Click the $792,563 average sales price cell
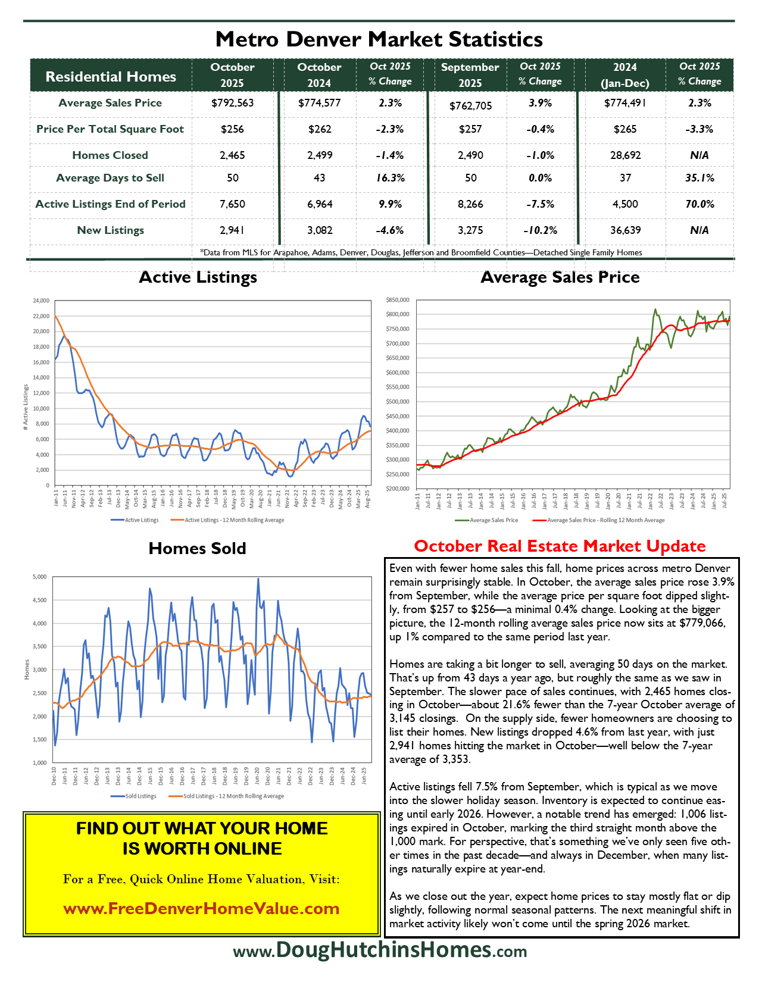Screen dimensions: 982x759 click(x=232, y=103)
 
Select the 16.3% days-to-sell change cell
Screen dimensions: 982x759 click(x=391, y=178)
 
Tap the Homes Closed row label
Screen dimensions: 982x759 click(x=110, y=155)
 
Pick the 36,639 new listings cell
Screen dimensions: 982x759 click(x=625, y=230)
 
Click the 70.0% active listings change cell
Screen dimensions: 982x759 click(x=699, y=204)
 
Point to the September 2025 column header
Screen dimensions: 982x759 click(x=470, y=75)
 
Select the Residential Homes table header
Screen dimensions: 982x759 click(x=111, y=77)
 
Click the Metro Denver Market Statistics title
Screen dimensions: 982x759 click(x=379, y=39)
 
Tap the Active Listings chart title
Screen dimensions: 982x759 click(x=198, y=277)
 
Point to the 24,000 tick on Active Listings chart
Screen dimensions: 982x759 click(x=40, y=301)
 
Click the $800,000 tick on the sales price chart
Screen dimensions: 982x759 click(x=398, y=314)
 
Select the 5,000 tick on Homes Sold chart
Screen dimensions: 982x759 click(x=39, y=577)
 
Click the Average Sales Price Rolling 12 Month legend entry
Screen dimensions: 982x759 click(x=601, y=520)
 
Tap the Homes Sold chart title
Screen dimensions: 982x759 click(x=197, y=548)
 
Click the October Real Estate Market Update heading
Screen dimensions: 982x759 click(x=560, y=546)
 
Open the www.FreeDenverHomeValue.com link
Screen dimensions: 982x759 click(x=201, y=909)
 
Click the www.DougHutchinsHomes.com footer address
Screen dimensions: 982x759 click(x=380, y=950)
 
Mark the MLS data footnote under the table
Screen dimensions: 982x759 click(x=421, y=252)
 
